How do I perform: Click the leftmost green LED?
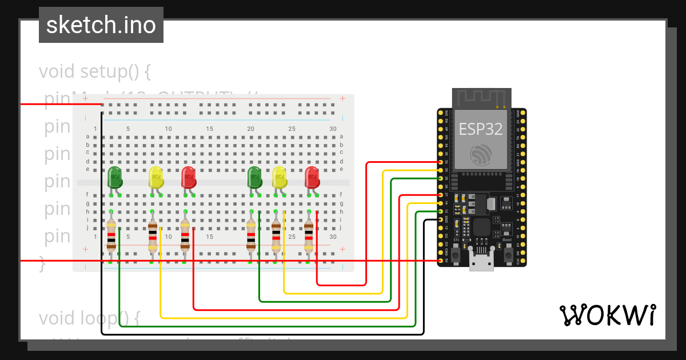(115, 178)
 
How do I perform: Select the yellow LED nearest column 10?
(155, 178)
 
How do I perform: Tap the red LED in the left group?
(188, 178)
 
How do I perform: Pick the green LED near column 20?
(254, 178)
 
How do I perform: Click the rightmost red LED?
(312, 178)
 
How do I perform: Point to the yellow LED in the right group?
(279, 178)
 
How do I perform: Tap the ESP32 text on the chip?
(481, 129)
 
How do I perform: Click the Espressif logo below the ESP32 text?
(481, 154)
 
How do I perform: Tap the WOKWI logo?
(607, 315)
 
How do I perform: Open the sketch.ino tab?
(101, 25)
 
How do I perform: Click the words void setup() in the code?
(94, 72)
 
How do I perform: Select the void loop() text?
(89, 317)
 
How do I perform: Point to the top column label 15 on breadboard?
(209, 129)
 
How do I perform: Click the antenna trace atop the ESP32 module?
(481, 98)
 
